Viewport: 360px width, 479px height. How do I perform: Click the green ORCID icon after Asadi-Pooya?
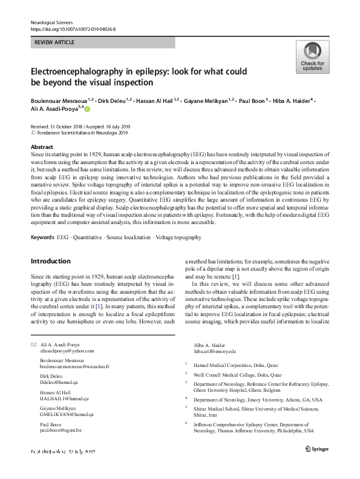click(87, 110)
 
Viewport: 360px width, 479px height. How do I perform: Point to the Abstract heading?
click(42, 147)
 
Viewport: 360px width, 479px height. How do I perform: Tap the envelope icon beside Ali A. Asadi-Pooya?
click(33, 344)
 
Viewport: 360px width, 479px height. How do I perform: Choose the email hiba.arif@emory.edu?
click(215, 351)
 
